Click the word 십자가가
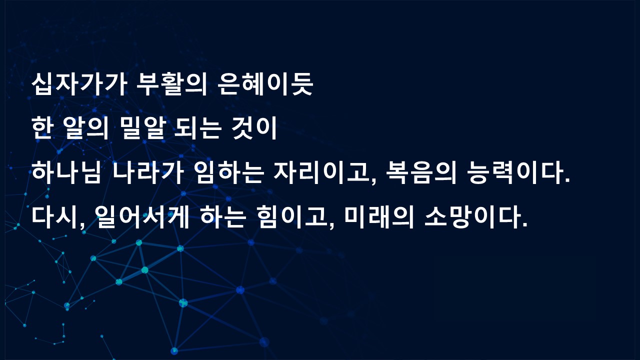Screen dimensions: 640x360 (79, 84)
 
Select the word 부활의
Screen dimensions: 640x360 (171, 84)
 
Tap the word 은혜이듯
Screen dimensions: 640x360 (265, 84)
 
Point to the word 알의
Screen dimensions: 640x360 (87, 128)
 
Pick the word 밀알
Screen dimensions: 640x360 (143, 128)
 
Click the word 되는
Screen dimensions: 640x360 (197, 128)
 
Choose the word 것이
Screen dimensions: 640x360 (254, 128)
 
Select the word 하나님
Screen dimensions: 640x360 (66, 172)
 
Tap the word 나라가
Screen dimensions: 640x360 (147, 172)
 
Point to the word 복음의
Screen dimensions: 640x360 (421, 172)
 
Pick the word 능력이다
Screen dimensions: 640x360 (515, 172)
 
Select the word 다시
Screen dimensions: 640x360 (54, 217)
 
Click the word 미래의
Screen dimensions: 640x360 (379, 217)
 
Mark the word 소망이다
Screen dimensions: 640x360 (472, 217)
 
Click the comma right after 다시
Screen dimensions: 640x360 (82, 226)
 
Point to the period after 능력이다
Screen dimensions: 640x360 (567, 180)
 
